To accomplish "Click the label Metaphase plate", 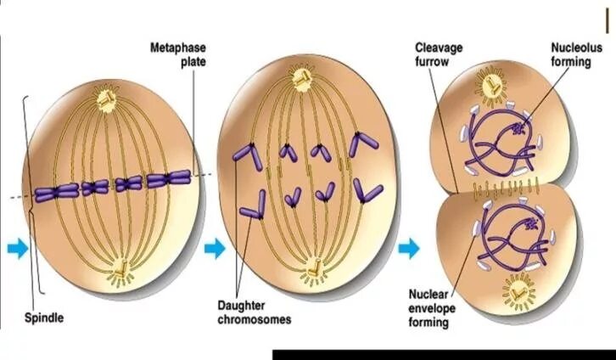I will tap(178, 55).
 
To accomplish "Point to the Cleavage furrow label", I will tap(439, 54).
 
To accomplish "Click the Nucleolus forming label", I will tap(575, 54).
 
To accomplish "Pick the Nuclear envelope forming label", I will tap(432, 308).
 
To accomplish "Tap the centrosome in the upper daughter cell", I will tap(491, 85).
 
